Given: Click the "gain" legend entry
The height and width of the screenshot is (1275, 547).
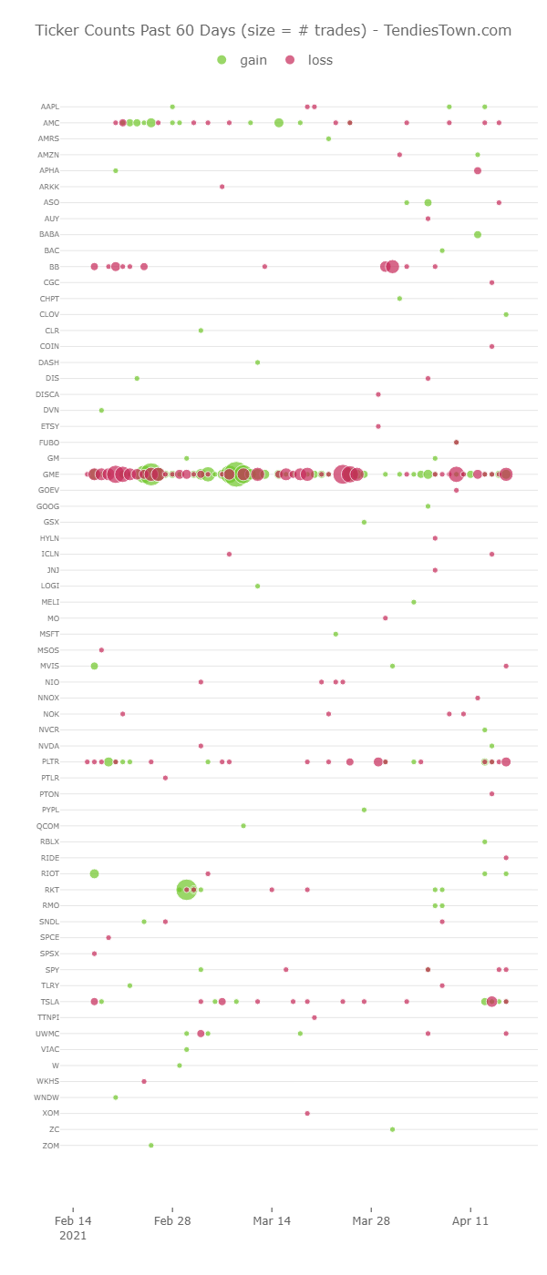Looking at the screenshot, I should click(x=245, y=60).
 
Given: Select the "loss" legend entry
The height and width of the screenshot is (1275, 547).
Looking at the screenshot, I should click(x=311, y=60).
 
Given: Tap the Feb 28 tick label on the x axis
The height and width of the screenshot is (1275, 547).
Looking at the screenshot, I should click(x=172, y=1220).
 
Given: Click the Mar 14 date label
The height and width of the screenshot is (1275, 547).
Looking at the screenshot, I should click(x=272, y=1220).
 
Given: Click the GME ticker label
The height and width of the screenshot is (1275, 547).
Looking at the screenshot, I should click(x=51, y=474).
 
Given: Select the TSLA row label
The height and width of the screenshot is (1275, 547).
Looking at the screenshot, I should click(x=50, y=1002).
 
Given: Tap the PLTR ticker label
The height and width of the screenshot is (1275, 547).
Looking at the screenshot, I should click(x=50, y=761).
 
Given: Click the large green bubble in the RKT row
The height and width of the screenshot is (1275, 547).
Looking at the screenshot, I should click(x=186, y=890).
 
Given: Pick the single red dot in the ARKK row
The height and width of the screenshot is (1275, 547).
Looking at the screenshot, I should click(x=222, y=187).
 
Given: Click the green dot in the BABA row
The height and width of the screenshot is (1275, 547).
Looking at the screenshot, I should click(x=478, y=235).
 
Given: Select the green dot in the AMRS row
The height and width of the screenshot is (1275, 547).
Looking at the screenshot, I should click(x=328, y=138).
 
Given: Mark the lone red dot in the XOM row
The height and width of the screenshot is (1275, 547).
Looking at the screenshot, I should click(x=307, y=1113).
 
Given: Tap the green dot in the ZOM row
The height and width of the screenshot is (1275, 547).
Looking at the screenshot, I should click(x=151, y=1145).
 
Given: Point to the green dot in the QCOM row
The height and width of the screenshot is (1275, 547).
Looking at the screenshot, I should click(x=243, y=826).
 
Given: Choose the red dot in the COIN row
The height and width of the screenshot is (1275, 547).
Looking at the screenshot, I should click(x=491, y=346).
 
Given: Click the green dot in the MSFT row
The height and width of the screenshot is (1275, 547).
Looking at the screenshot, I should click(x=335, y=634).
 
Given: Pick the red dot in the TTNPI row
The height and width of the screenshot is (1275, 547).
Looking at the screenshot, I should click(x=315, y=1017).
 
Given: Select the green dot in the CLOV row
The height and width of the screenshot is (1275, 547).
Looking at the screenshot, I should click(x=506, y=314).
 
